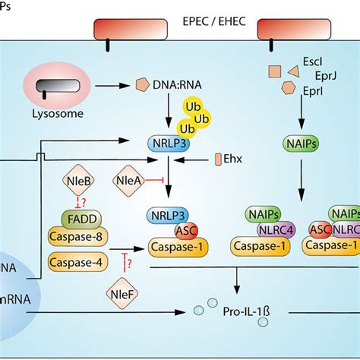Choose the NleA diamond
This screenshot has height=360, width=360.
128,181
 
